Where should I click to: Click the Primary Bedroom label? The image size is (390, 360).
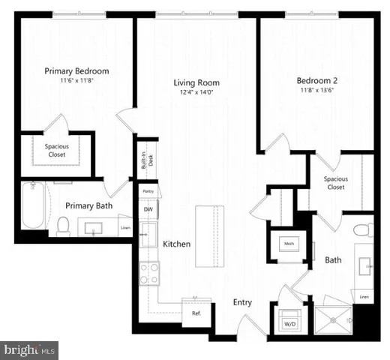coord(76,71)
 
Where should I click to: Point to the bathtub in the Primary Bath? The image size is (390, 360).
coord(32,206)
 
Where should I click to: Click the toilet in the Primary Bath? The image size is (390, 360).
coord(64,223)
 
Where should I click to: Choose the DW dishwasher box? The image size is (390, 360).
coord(148,209)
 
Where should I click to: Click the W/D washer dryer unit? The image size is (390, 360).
coord(289,319)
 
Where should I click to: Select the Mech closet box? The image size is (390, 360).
coord(288,243)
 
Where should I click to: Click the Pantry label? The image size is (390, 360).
coord(148,192)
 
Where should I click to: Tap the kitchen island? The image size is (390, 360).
coord(211,235)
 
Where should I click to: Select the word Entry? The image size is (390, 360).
coord(241,303)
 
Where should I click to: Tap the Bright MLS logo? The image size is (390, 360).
coord(30,349)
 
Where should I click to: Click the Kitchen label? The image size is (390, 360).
coord(176,244)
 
